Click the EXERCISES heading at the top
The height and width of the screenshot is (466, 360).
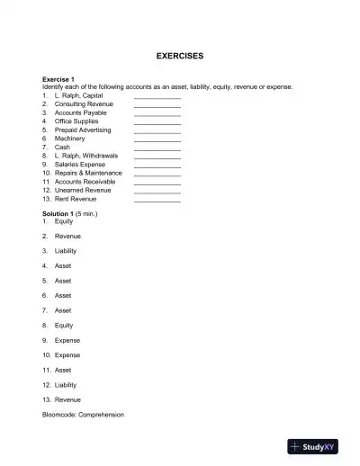[180, 56]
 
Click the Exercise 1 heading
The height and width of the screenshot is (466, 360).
[59, 79]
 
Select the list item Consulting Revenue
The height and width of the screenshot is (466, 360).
[84, 103]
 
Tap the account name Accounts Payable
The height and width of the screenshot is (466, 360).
[81, 112]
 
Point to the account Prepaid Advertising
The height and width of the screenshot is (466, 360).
[83, 130]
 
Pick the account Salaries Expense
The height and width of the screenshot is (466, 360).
[80, 165]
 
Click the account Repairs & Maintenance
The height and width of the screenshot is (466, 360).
[88, 173]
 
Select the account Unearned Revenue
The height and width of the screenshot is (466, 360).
[83, 190]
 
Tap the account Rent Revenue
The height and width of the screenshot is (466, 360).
[76, 199]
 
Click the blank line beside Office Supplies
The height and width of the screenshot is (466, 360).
[157, 122]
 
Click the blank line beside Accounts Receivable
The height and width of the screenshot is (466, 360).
[157, 183]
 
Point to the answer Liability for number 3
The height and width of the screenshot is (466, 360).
[66, 251]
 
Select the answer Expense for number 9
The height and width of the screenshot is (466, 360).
[67, 340]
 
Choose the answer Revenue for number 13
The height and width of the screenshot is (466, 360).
[67, 399]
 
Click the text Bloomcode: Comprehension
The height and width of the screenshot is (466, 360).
[83, 415]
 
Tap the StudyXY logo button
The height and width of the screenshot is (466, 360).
[319, 446]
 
